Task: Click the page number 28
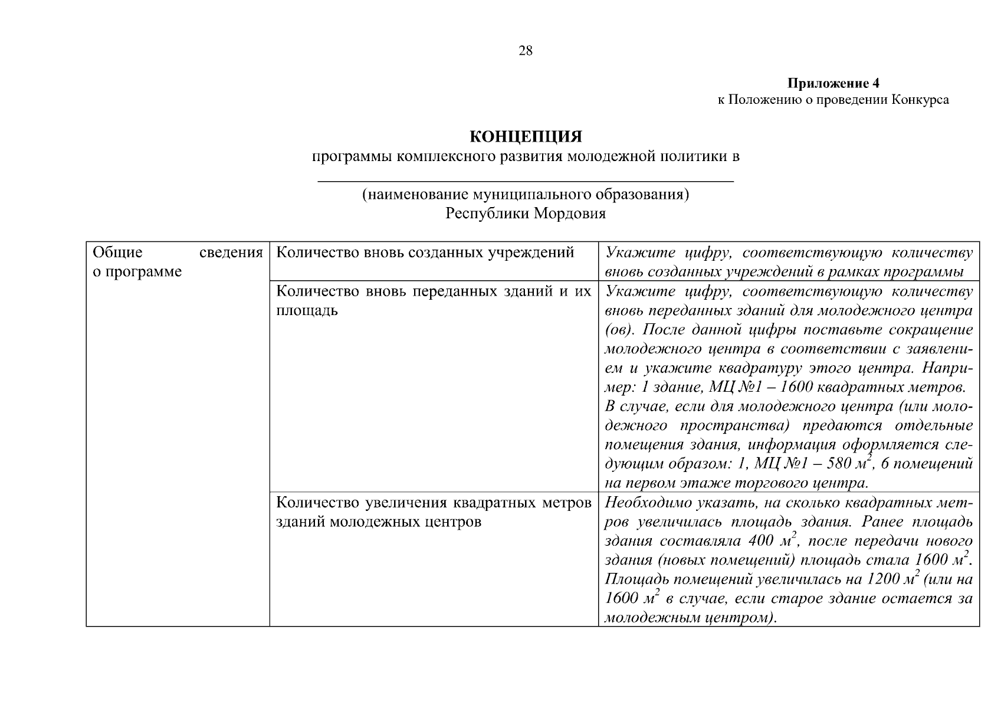(x=525, y=51)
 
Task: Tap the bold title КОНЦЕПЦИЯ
(x=526, y=137)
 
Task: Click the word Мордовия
(x=570, y=213)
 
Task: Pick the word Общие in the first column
(x=118, y=253)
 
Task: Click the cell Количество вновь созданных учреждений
(x=425, y=253)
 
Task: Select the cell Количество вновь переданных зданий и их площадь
(x=434, y=301)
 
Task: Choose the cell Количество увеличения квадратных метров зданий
(x=434, y=512)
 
